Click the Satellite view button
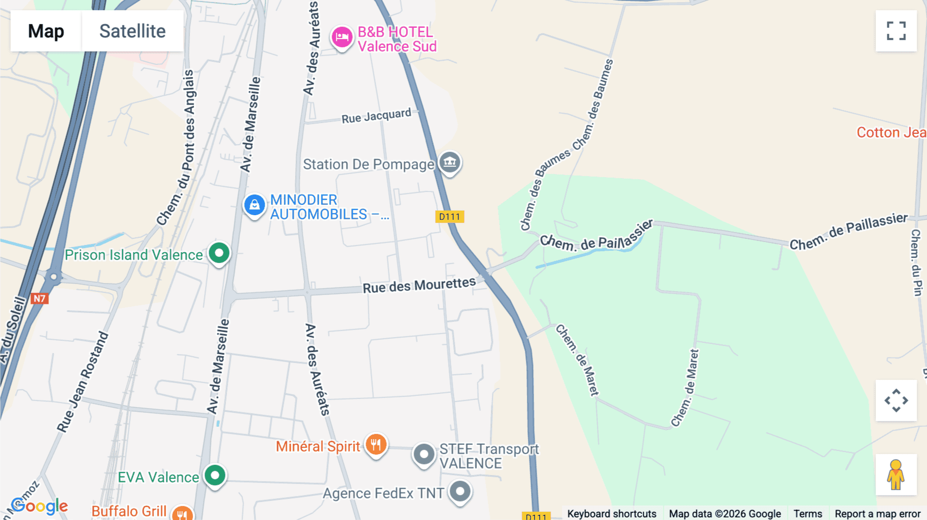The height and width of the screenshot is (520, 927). pos(132,31)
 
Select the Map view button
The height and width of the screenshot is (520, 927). pos(46,31)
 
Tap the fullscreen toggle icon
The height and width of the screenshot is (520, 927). pos(896,31)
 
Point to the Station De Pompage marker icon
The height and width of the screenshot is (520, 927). pos(450,162)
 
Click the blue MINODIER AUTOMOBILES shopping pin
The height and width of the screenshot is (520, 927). pos(254,205)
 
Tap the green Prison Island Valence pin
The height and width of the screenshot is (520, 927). pos(219,253)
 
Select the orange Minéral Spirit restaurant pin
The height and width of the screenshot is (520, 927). pos(376,444)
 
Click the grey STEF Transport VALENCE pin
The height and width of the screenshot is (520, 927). pos(424,455)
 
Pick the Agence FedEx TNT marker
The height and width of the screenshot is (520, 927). pos(460,491)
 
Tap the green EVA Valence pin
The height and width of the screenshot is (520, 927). pos(215,475)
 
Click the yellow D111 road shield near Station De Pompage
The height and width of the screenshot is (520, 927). pos(450,217)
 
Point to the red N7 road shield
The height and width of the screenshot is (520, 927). pos(40,299)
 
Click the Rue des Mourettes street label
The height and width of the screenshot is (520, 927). pos(419,285)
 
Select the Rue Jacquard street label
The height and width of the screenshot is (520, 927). pos(376,116)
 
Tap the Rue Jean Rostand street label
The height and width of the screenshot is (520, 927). pos(83,382)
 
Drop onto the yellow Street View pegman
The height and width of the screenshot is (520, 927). pos(896,475)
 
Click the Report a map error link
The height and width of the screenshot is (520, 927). pos(878,514)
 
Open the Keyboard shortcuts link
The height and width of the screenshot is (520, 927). pos(612,514)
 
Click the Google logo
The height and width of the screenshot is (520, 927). pos(40,506)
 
